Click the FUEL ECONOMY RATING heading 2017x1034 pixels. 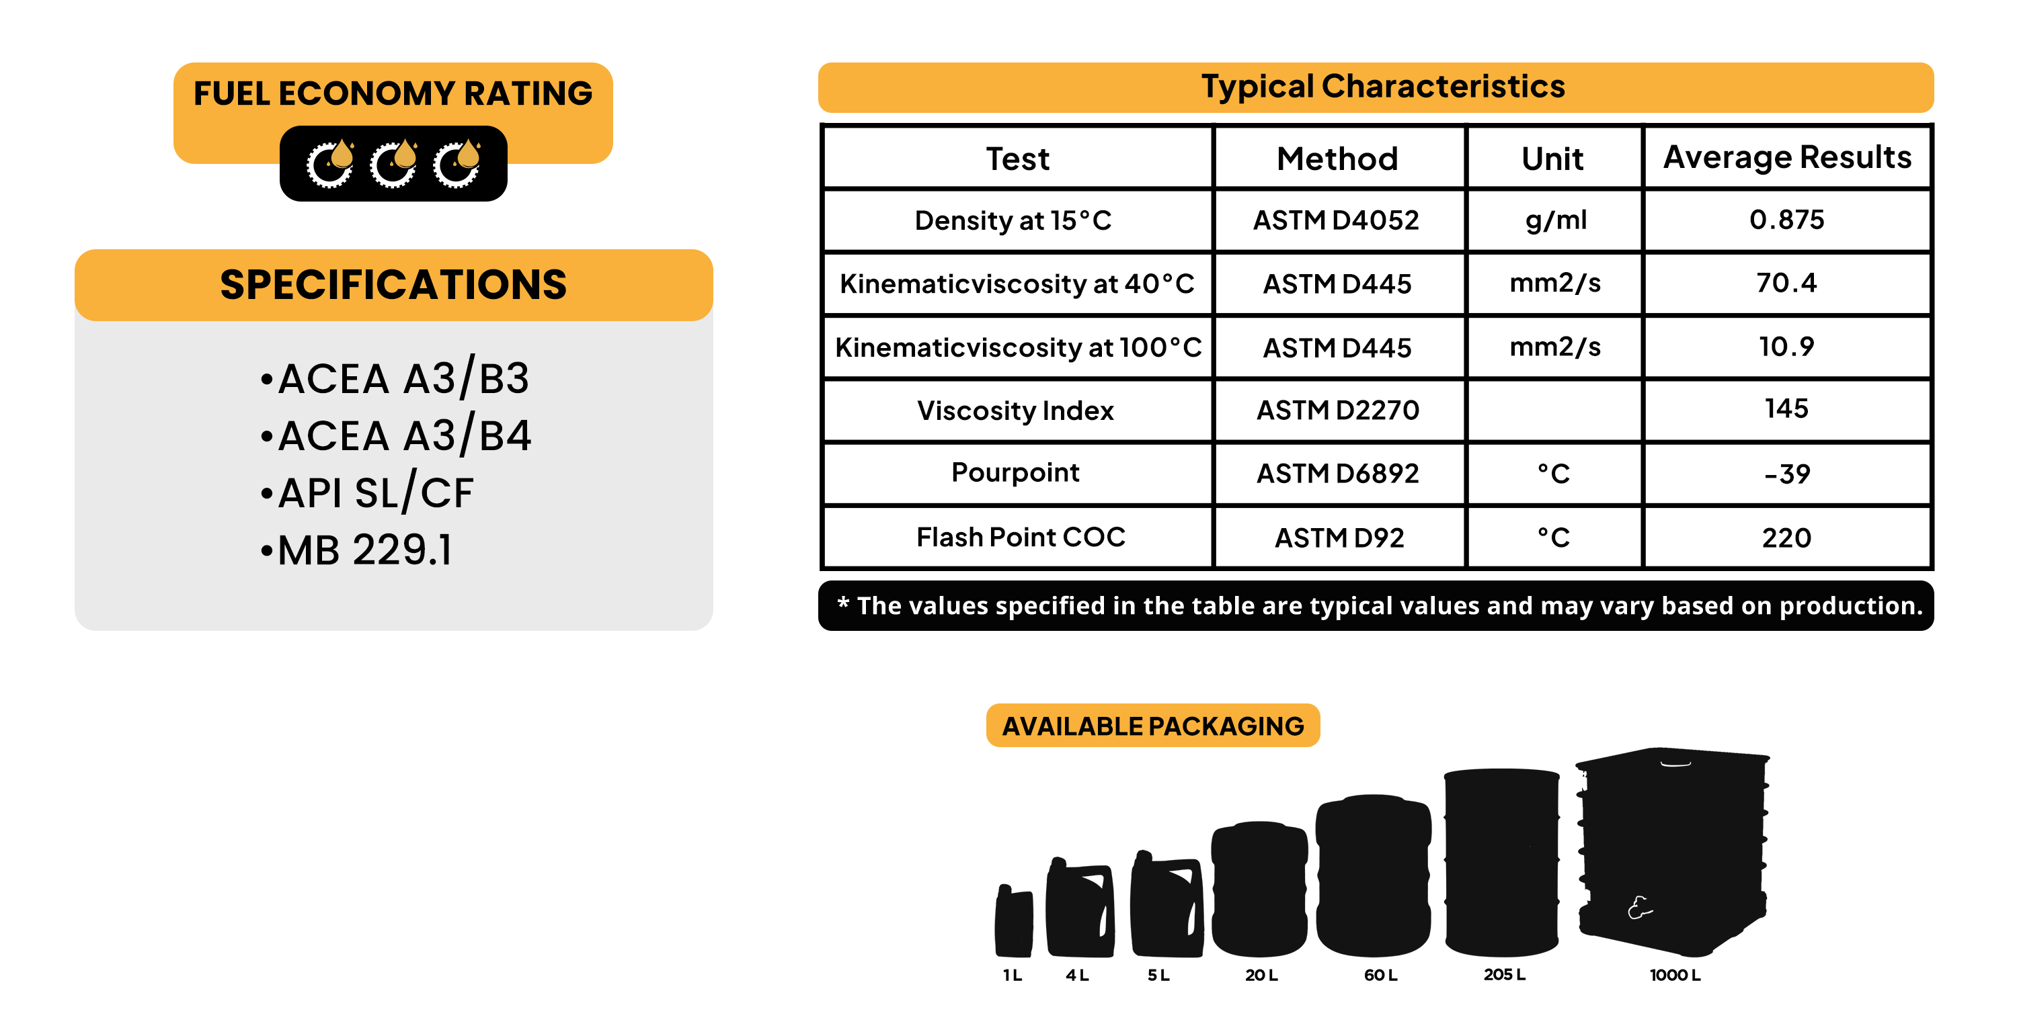coord(393,93)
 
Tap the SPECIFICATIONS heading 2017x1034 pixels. coord(393,284)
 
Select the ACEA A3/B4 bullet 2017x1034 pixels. coord(396,435)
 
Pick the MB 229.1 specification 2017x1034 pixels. coord(356,550)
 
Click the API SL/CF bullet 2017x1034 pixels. coord(367,492)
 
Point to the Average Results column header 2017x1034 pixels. coord(1787,158)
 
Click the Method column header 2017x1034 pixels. coord(1337,159)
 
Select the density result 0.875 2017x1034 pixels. coord(1787,220)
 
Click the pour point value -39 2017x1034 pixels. coord(1787,474)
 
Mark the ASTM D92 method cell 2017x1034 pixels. coord(1339,537)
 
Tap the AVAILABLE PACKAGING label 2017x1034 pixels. coord(1152,726)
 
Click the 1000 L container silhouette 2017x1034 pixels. coord(1673,853)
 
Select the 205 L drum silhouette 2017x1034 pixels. coord(1502,863)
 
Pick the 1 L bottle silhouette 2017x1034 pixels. coord(1013,920)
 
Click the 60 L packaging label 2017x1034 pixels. coord(1380,976)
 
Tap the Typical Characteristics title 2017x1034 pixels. coord(1383,87)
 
